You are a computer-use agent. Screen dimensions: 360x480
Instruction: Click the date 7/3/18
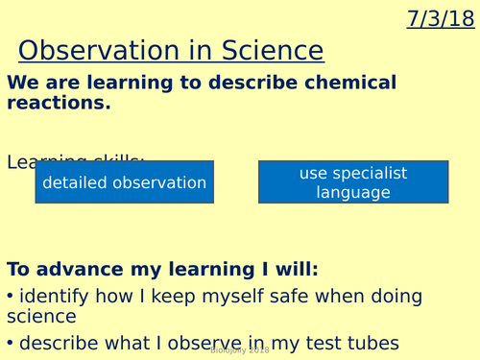tap(441, 18)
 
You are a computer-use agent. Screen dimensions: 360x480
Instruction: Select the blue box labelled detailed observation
tap(124, 182)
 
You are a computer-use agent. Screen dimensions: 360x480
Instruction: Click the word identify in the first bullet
tap(56, 295)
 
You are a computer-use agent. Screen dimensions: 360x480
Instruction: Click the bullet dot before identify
tap(11, 296)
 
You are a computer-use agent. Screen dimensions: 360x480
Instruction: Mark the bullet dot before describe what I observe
tap(11, 344)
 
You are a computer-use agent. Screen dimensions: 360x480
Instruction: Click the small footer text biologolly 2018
tap(239, 352)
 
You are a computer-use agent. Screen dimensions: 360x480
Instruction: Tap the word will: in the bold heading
tap(292, 269)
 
